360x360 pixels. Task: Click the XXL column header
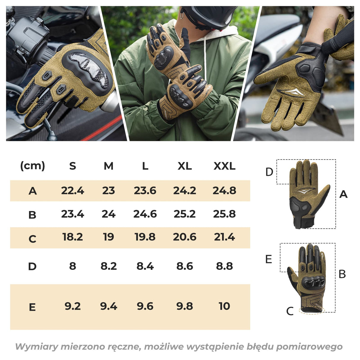224,166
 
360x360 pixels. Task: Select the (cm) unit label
33,166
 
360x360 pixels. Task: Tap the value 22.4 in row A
72,191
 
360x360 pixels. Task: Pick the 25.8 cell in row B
224,214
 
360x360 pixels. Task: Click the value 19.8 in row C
145,237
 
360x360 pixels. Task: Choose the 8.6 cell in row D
184,266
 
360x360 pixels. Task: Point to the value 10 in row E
224,306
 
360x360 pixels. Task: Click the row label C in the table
32,239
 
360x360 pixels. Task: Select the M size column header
109,166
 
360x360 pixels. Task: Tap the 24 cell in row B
109,214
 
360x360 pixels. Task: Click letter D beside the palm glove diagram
269,172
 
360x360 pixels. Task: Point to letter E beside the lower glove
269,259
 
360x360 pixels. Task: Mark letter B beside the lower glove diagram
342,274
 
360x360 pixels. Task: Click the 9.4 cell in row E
109,306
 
